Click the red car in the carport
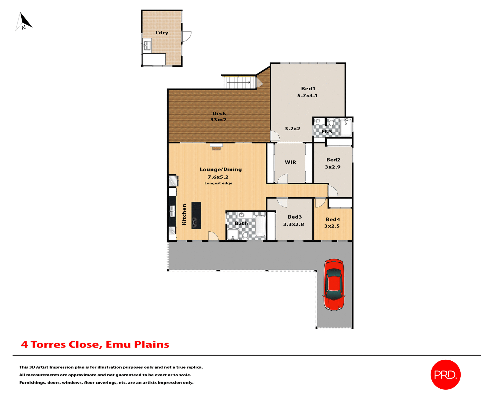(x=334, y=285)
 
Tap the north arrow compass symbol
(x=24, y=22)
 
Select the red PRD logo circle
(x=445, y=375)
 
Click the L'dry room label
(x=162, y=33)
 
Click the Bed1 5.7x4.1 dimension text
(x=307, y=96)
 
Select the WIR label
(x=290, y=162)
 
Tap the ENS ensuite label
(x=327, y=132)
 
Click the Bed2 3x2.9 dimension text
(x=333, y=167)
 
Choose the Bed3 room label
(x=295, y=217)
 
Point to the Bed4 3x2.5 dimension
(x=332, y=226)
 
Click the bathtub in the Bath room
(x=260, y=226)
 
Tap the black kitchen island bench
(x=196, y=215)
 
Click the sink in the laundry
(x=147, y=46)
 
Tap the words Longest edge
(x=218, y=183)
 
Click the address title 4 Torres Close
(x=95, y=344)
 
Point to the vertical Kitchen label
(x=184, y=214)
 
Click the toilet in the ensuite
(x=331, y=122)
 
